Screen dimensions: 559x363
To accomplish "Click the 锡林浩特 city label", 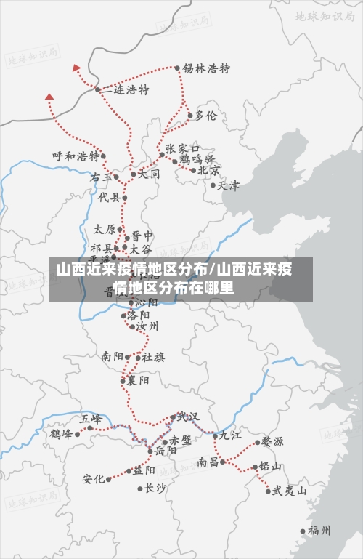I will pos(206,68).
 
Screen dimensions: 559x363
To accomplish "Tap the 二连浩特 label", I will pos(125,90).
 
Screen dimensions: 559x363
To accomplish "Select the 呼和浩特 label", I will pos(76,156).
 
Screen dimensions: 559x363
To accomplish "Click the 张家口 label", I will pos(182,148).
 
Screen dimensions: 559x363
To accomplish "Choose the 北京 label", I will pos(209,171).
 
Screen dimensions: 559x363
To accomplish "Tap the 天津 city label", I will pos(228,185).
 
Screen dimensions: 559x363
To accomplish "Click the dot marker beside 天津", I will pos(213,185).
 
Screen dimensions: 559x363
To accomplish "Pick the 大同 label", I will pos(149,174).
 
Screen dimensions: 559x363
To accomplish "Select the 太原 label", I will pos(105,229).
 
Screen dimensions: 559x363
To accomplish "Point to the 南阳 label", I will pos(113,357).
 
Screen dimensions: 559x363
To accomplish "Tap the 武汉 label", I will pos(187,417).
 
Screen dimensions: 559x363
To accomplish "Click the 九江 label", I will pos(230,435).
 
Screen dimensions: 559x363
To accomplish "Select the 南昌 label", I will pos(207,462).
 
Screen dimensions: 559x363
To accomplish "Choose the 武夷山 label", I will pos(288,491).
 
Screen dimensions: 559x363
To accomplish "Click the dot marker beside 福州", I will pos(303,531).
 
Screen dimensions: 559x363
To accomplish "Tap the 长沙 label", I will pos(155,488).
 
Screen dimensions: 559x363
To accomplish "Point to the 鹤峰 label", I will pos(61,435).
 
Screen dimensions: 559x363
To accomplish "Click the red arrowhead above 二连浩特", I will pos(76,68).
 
